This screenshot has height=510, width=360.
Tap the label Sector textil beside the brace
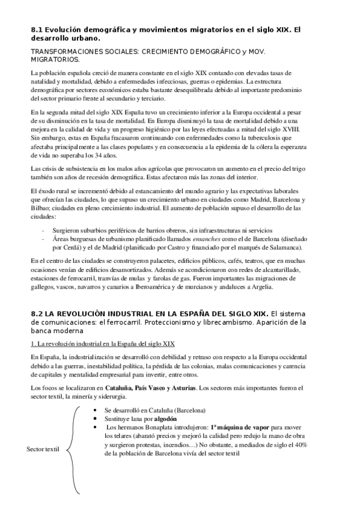pyautogui.click(x=43, y=449)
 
